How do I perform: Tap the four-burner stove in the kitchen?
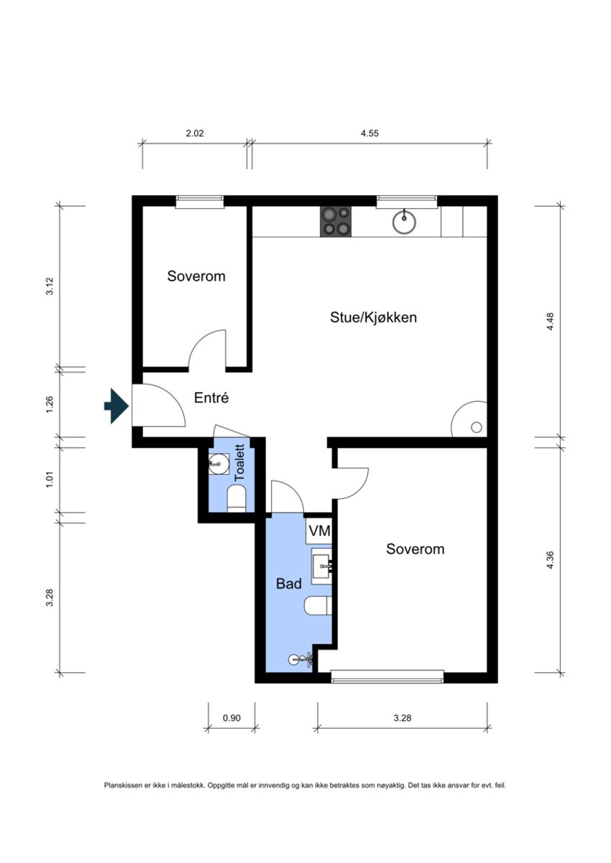[x=336, y=221]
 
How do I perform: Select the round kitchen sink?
[x=405, y=222]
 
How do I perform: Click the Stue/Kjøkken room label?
[x=373, y=317]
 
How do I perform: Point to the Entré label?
[x=211, y=397]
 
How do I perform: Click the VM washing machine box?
[x=318, y=532]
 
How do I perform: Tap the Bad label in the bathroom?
[x=289, y=584]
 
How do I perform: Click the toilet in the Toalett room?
[x=236, y=498]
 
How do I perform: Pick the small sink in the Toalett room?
[x=218, y=465]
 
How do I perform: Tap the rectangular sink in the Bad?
[x=321, y=565]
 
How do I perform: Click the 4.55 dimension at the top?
[x=370, y=133]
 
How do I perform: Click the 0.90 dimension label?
[x=231, y=717]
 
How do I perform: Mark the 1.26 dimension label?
[x=50, y=404]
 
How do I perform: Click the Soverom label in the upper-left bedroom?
[x=196, y=276]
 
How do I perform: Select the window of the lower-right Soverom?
[x=387, y=676]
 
